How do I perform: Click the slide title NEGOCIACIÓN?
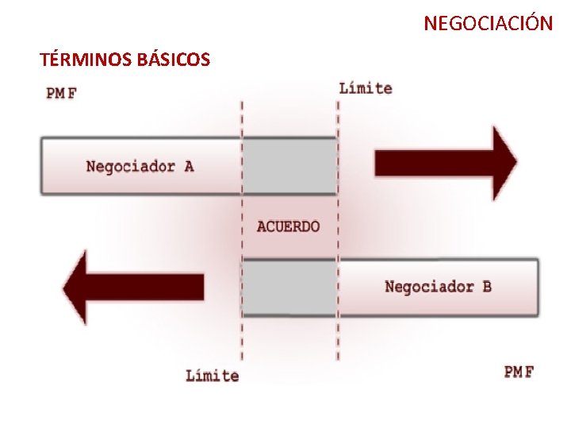coord(488,23)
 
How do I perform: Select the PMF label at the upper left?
coord(61,93)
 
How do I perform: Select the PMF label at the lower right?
coord(519,372)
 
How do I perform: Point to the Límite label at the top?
coord(366,88)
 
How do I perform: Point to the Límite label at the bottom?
coord(212,375)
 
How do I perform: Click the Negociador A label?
coord(140,166)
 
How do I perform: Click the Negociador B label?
coord(438,286)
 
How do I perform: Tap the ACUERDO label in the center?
coord(289,226)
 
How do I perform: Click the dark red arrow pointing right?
coord(444,163)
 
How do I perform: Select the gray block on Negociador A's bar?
coord(289,166)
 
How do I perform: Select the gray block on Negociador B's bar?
coord(289,287)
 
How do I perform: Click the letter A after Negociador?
coord(188,166)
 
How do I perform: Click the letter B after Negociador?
coord(486,286)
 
